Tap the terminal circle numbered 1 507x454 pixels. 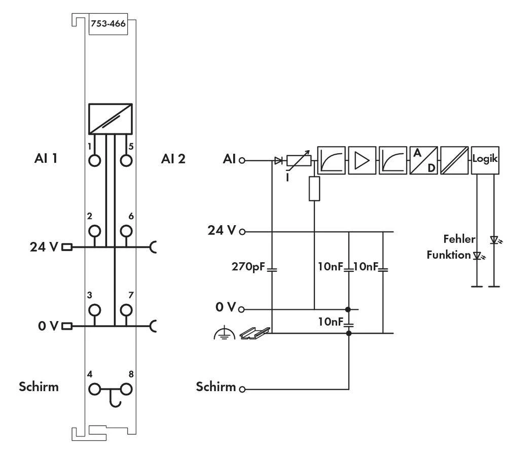[95, 160]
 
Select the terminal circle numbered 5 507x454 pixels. [126, 160]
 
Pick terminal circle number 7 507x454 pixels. [126, 309]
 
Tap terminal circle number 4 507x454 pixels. [95, 389]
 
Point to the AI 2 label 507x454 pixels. [173, 159]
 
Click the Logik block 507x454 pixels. [485, 159]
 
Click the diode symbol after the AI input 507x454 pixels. [277, 160]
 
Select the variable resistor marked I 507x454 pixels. [299, 161]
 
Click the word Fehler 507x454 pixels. [459, 239]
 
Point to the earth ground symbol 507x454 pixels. [224, 333]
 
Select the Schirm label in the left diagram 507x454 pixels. [39, 387]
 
